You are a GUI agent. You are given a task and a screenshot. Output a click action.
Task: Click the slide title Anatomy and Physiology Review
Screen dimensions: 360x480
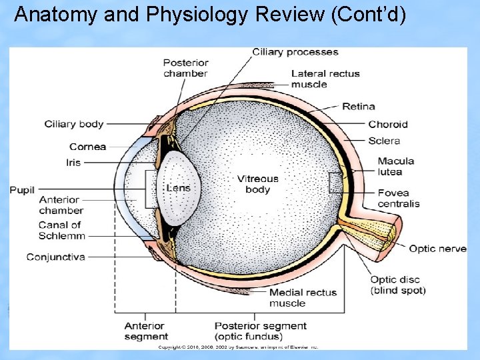click(209, 15)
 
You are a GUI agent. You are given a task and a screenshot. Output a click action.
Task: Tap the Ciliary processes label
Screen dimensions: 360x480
click(295, 52)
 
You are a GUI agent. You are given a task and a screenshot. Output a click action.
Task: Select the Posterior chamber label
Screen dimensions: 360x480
click(185, 68)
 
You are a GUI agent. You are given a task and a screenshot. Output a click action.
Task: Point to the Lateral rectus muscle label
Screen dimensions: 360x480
click(325, 79)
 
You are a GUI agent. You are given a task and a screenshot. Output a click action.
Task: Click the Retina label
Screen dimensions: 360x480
click(358, 106)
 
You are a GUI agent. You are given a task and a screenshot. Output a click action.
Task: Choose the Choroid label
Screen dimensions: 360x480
click(387, 124)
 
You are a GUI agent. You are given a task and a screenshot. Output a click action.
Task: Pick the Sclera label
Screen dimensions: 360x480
click(383, 141)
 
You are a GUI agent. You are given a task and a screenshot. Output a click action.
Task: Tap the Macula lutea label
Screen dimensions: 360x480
click(395, 166)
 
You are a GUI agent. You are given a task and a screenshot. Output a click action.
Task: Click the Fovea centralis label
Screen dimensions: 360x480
click(398, 198)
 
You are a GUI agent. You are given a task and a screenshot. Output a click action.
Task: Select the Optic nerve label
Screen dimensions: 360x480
click(437, 249)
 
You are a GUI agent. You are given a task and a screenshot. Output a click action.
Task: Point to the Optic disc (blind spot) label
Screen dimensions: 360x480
click(397, 285)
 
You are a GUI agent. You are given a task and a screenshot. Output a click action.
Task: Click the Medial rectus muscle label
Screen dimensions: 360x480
click(303, 297)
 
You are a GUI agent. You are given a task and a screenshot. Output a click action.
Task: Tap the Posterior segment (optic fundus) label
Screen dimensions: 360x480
click(260, 331)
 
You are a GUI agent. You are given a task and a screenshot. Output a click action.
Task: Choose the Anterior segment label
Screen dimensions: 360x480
click(146, 331)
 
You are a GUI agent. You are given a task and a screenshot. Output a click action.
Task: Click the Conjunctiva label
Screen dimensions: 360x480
click(56, 257)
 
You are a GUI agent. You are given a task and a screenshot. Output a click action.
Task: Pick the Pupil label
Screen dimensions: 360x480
click(22, 190)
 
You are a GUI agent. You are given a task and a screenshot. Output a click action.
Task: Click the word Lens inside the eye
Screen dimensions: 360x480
click(178, 188)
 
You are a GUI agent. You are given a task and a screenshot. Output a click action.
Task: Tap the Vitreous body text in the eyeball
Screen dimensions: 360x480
click(258, 184)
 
